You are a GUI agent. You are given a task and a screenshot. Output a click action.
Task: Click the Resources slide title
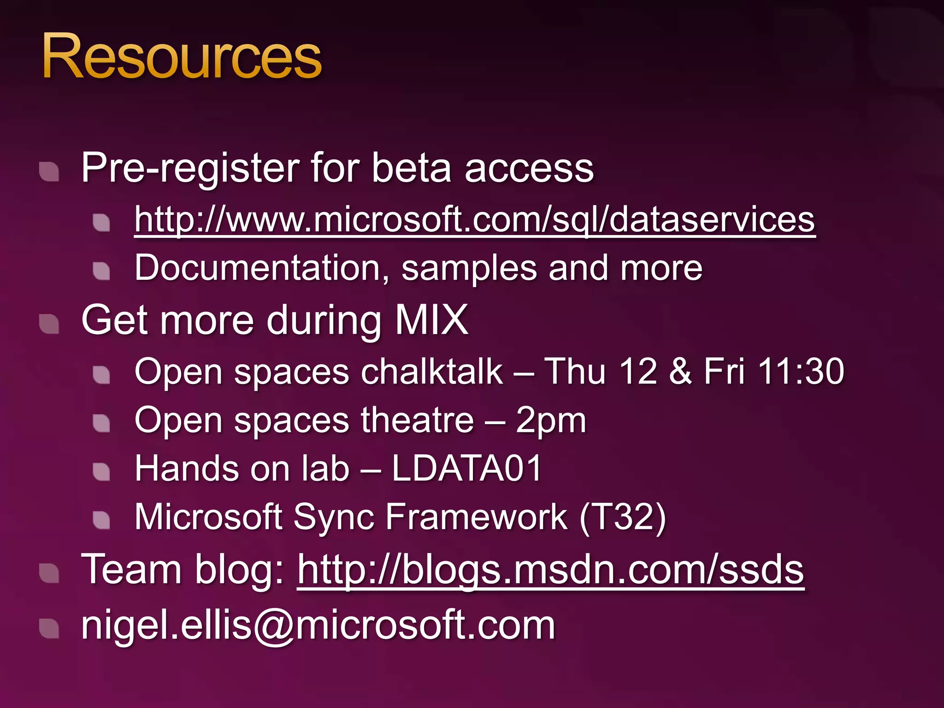coord(182,57)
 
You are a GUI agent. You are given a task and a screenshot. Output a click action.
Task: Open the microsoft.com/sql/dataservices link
coord(474,220)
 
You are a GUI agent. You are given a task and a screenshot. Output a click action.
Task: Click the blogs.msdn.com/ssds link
coord(550,570)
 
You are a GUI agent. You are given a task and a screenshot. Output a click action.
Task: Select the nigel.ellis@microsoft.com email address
coord(318,625)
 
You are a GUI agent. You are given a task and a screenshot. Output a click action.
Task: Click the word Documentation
coord(258,268)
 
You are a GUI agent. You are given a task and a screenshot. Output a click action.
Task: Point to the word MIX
coord(431,320)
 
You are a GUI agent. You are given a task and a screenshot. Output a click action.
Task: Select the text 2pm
coord(551,420)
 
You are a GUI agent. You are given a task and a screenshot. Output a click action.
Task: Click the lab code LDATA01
coord(466,469)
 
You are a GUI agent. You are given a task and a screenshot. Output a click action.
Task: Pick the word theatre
coord(417,420)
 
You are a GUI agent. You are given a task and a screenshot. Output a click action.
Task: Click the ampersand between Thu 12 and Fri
coord(680,372)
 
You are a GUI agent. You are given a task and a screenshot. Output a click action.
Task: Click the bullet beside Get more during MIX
coord(49,324)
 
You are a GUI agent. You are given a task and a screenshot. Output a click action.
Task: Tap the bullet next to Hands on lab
coord(101,472)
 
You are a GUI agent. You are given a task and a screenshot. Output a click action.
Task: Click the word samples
coord(469,268)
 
